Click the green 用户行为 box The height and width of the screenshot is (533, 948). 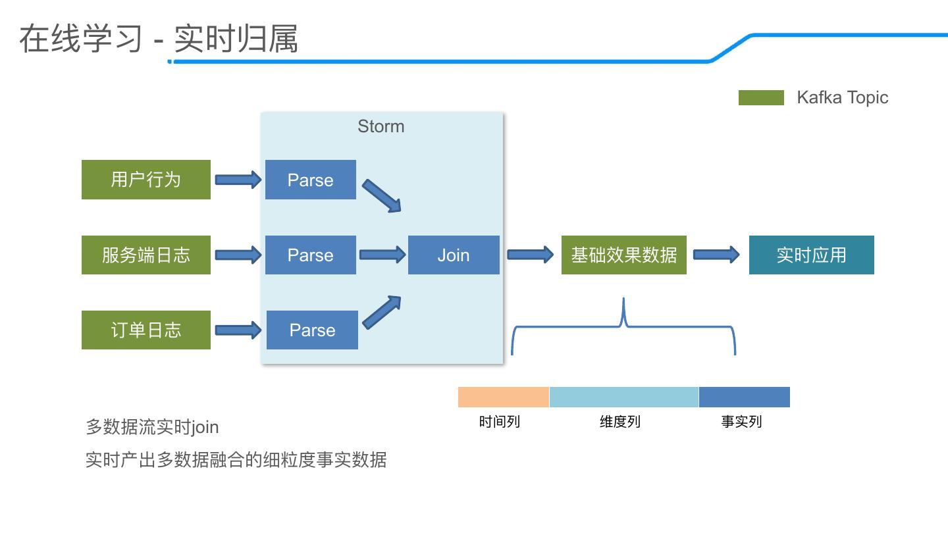point(146,180)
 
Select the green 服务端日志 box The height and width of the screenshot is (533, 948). point(146,255)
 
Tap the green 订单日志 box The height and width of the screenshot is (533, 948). point(146,330)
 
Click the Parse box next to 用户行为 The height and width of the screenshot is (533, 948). point(311,180)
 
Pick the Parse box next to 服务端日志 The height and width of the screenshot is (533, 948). point(311,255)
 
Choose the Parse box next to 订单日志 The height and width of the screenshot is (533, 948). point(312,330)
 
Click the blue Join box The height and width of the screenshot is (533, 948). point(454,255)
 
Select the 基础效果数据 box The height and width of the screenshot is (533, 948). point(624,255)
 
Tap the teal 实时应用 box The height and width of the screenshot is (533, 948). point(811,255)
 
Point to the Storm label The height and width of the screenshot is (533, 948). point(381,126)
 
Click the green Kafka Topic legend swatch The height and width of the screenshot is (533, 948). point(761,97)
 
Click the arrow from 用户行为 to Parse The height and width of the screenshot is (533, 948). point(238,180)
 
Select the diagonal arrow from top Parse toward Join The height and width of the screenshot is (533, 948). point(382,195)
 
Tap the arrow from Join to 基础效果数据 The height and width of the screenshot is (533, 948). point(531,255)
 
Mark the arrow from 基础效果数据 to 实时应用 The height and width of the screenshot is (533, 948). point(716,255)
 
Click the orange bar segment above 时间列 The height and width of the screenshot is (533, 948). point(504,397)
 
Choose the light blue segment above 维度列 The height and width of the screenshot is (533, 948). point(624,397)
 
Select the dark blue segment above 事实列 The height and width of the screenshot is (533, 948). point(745,397)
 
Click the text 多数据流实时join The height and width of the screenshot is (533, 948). point(152,427)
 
